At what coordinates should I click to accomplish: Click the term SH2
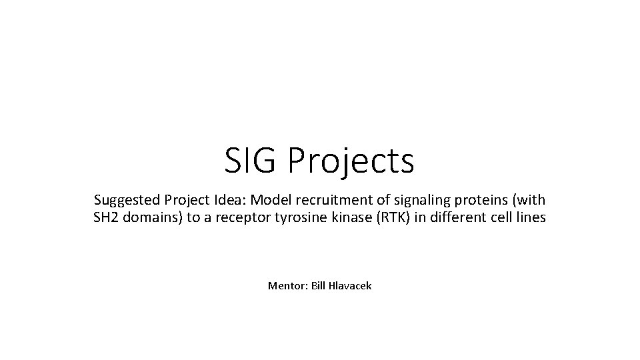coord(105,217)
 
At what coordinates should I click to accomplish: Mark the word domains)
coord(151,217)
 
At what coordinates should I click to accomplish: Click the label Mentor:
coord(287,286)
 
